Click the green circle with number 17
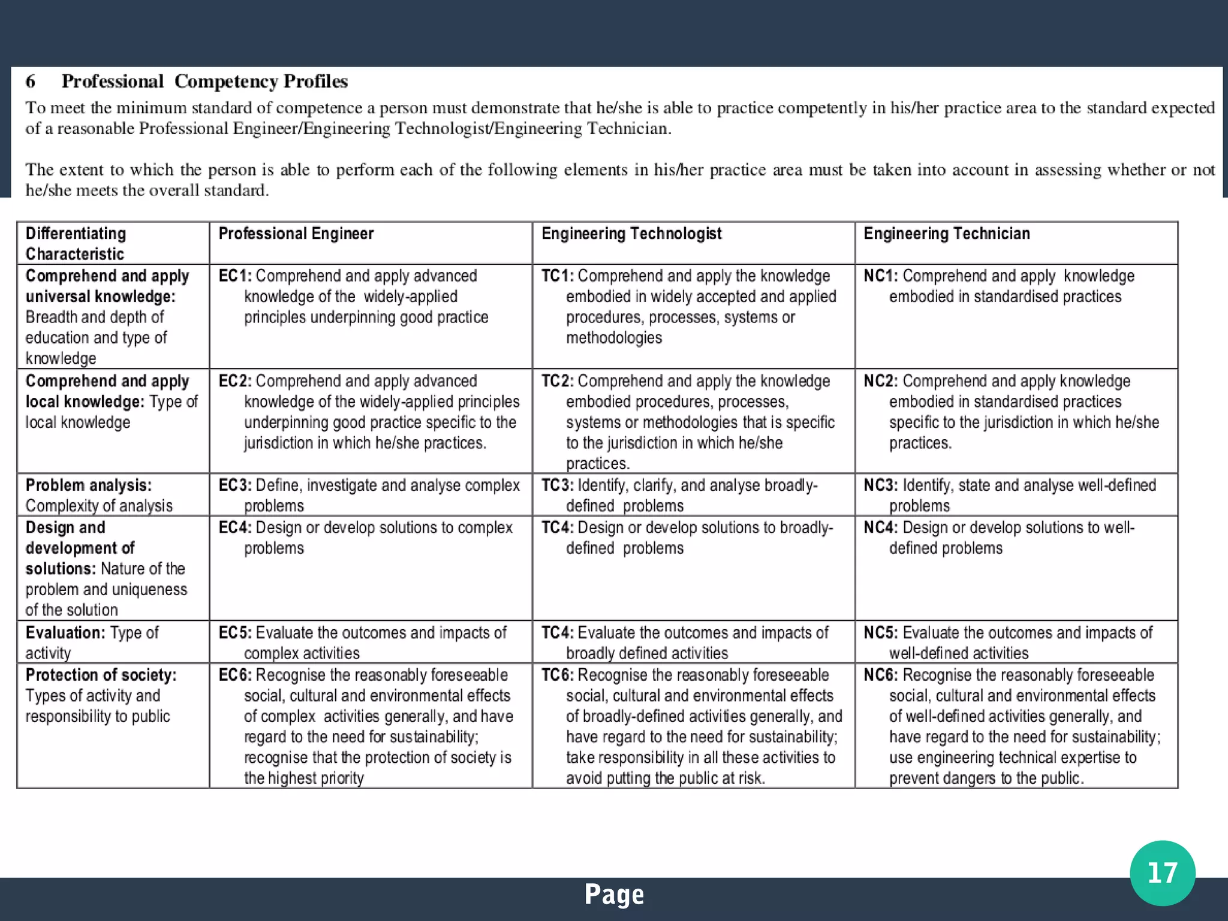1162,873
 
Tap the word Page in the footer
614,895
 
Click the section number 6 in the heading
31,81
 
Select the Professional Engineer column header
296,234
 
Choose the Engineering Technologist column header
631,234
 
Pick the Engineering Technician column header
946,234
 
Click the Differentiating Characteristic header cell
76,243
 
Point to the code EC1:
235,276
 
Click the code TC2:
557,381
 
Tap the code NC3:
880,485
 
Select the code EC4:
235,528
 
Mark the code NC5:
880,633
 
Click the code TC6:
557,675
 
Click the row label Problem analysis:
88,485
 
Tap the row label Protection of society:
101,675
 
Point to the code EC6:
235,675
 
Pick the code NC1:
880,276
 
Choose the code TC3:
557,485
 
